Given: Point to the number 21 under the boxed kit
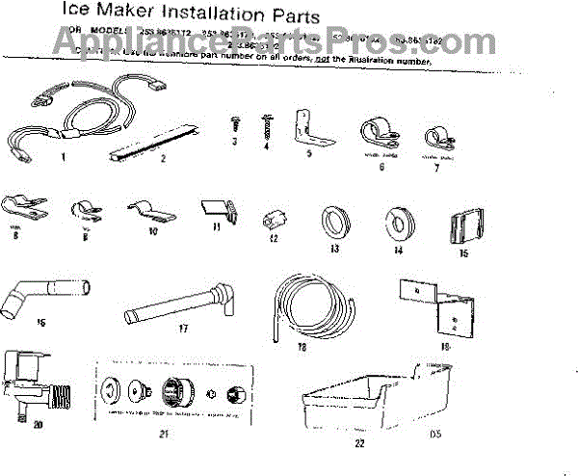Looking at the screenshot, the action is click(164, 436).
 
